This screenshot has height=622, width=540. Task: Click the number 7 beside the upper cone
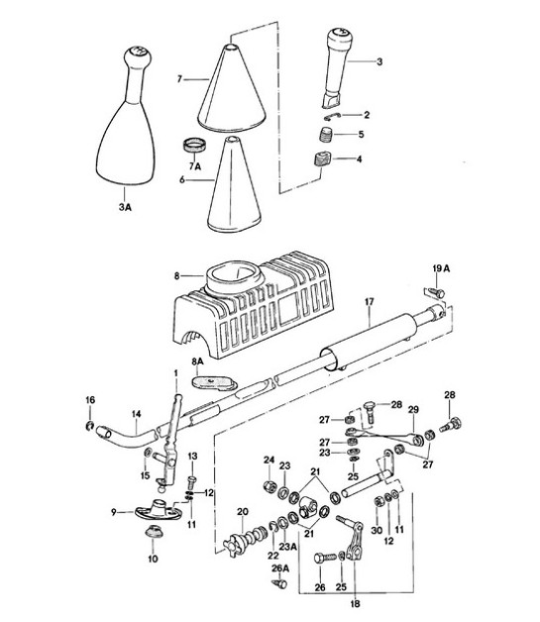pos(179,77)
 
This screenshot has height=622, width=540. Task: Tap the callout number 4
pos(361,158)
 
